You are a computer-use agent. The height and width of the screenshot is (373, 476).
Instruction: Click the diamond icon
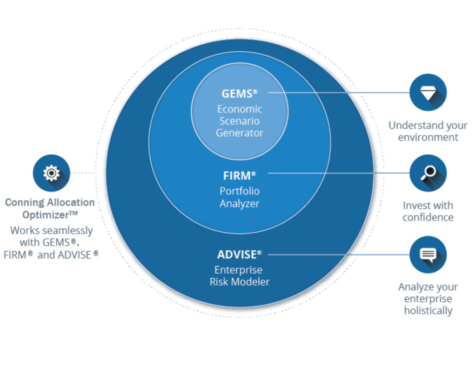click(x=428, y=92)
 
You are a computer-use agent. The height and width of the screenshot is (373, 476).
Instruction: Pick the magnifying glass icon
click(x=428, y=173)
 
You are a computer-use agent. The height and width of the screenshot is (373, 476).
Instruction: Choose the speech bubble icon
click(x=428, y=255)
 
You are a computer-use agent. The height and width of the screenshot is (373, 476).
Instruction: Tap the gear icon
click(x=51, y=173)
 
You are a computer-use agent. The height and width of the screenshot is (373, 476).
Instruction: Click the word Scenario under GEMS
click(x=240, y=121)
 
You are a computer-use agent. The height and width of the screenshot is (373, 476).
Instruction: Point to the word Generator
click(x=240, y=133)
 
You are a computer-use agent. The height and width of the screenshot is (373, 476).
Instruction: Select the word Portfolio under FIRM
click(x=240, y=191)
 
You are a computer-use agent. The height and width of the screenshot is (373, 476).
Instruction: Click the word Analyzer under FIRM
click(x=240, y=203)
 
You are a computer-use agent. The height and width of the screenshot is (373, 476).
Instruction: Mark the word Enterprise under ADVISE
click(x=238, y=270)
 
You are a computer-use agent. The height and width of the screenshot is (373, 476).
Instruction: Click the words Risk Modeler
click(x=240, y=282)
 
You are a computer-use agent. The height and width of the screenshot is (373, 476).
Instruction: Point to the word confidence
click(x=428, y=217)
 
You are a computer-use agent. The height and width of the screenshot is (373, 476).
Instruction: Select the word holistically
click(x=428, y=311)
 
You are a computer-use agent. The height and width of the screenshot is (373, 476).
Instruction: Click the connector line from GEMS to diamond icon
click(x=340, y=92)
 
